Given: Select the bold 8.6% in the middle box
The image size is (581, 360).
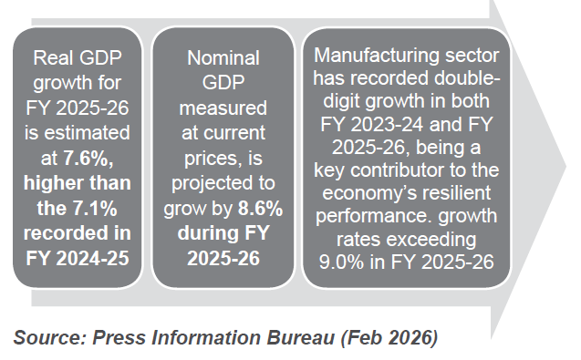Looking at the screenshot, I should pos(261,209).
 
